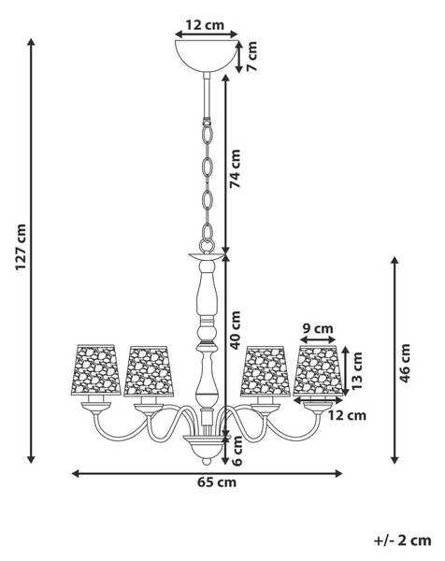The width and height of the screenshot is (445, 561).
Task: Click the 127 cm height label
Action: [21, 247]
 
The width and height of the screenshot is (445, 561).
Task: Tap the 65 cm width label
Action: [217, 482]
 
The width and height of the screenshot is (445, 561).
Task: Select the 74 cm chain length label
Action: [235, 169]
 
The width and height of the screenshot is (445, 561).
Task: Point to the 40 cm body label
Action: [235, 330]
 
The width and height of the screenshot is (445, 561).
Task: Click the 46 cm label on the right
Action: [405, 363]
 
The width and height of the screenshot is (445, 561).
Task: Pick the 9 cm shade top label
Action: [317, 328]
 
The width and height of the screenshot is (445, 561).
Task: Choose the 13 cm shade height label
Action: [356, 370]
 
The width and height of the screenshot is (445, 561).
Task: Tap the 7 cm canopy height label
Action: [251, 56]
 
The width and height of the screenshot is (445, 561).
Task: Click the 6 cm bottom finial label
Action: [237, 451]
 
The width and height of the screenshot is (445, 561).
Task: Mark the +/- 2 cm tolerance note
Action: [402, 540]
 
